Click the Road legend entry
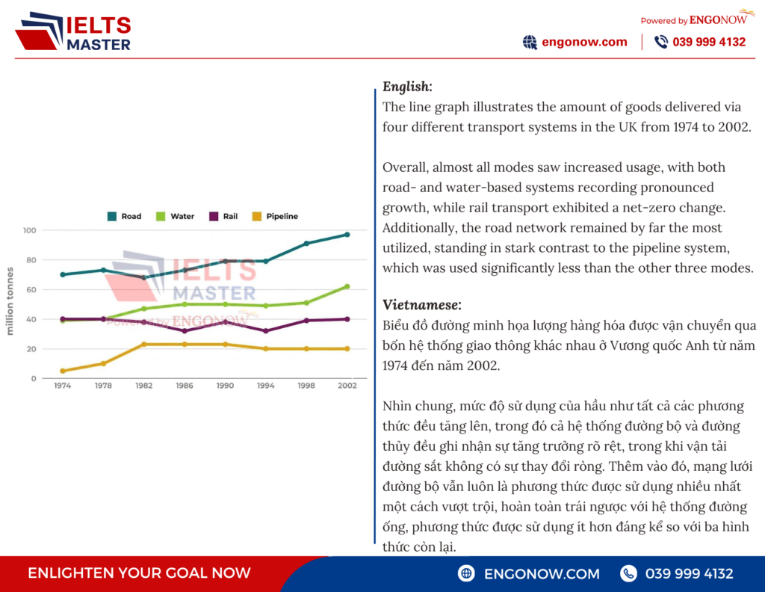124,216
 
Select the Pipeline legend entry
275,216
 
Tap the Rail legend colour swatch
214,216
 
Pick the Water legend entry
175,216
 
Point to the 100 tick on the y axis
29,230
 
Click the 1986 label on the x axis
185,386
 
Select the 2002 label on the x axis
347,386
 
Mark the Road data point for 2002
347,235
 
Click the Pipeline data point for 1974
63,371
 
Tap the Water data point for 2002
347,286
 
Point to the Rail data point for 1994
266,331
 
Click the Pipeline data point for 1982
144,345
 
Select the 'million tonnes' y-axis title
10,301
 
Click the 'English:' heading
407,87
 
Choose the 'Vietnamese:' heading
421,305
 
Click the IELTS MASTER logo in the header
73,31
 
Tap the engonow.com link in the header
584,42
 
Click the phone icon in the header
660,42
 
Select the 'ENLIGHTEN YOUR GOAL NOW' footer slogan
139,573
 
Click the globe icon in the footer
466,573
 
